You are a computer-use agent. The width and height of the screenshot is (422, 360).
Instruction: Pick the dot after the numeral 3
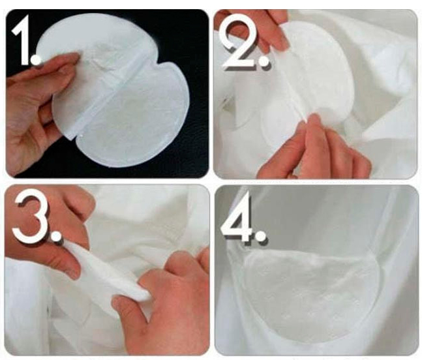point(56,236)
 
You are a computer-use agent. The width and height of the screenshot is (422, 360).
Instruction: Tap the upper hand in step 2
point(258,29)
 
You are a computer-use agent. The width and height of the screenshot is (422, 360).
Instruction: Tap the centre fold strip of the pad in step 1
point(108,94)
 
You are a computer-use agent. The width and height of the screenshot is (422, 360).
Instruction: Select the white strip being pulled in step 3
point(108,272)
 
